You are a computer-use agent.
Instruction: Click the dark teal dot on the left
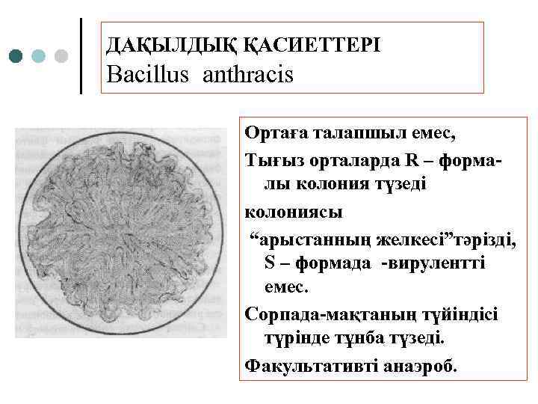point(16,56)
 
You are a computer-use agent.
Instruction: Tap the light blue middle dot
point(39,56)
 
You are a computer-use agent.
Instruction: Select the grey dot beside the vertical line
point(61,56)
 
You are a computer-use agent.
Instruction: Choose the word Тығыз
point(269,159)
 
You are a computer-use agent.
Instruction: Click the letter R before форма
point(414,159)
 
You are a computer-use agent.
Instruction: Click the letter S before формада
point(270,263)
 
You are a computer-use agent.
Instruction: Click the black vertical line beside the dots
point(81,56)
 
